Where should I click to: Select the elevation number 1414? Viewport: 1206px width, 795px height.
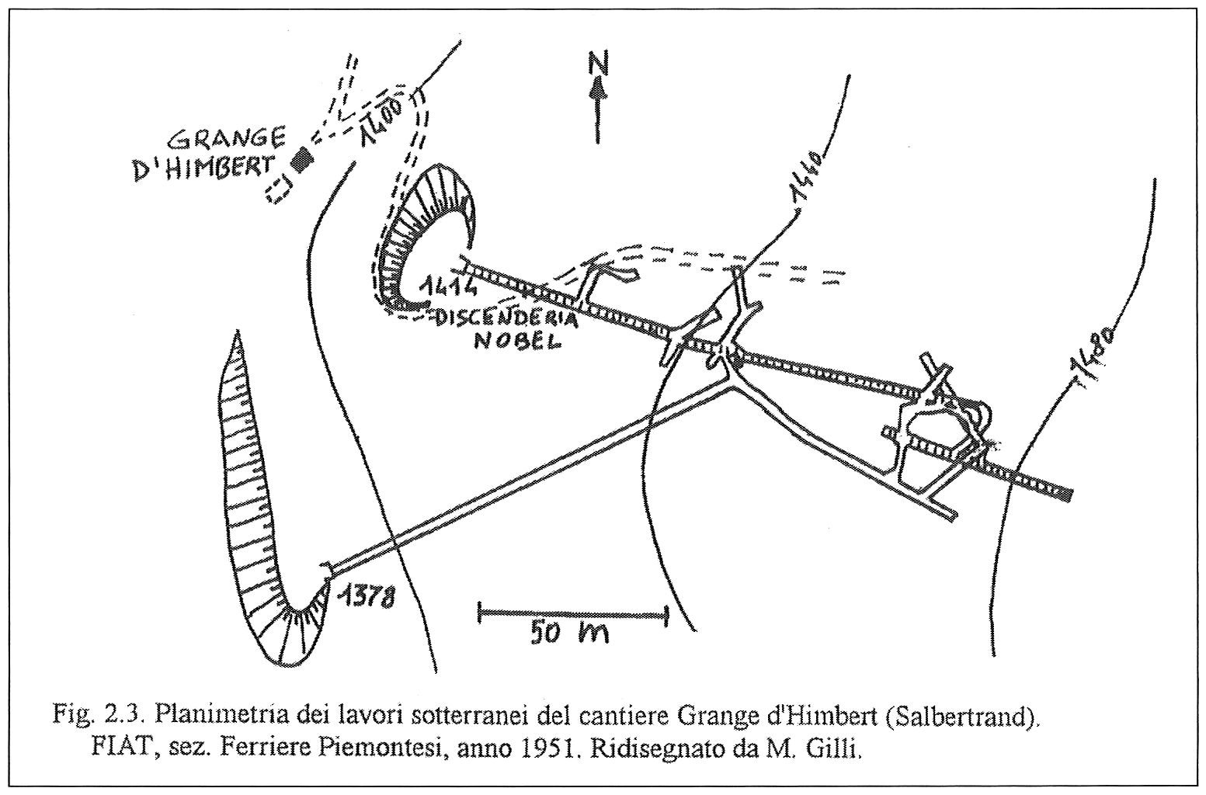tap(449, 286)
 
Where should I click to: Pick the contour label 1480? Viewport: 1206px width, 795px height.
tap(1094, 353)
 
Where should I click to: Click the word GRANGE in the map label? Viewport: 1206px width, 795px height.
tap(227, 140)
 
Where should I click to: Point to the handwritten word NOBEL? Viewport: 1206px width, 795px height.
tap(518, 342)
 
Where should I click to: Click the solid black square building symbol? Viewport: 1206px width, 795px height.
tap(301, 159)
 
